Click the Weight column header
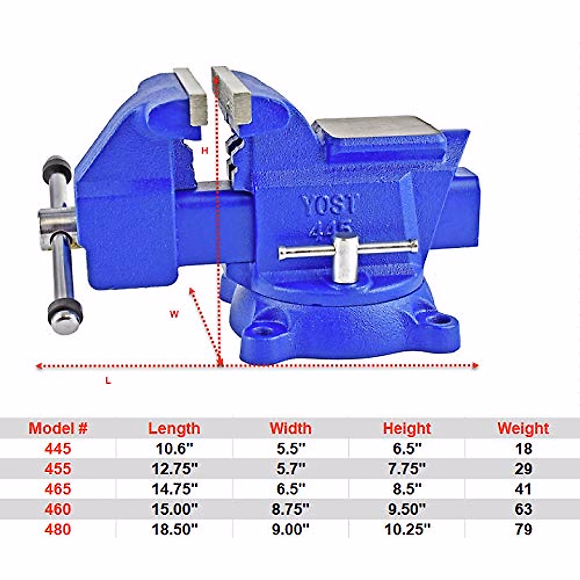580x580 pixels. [x=523, y=428]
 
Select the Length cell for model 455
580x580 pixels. [x=174, y=468]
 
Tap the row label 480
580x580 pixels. [x=58, y=529]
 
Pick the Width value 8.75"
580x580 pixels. [x=290, y=509]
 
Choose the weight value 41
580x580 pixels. [x=523, y=489]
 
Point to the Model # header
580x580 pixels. [x=58, y=428]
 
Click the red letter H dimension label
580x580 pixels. [x=204, y=151]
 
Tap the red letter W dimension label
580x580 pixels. [x=174, y=314]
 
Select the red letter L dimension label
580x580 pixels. [x=108, y=381]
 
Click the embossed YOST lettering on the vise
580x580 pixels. [x=329, y=205]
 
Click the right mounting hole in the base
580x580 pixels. [x=439, y=319]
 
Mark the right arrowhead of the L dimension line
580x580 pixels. [x=476, y=365]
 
